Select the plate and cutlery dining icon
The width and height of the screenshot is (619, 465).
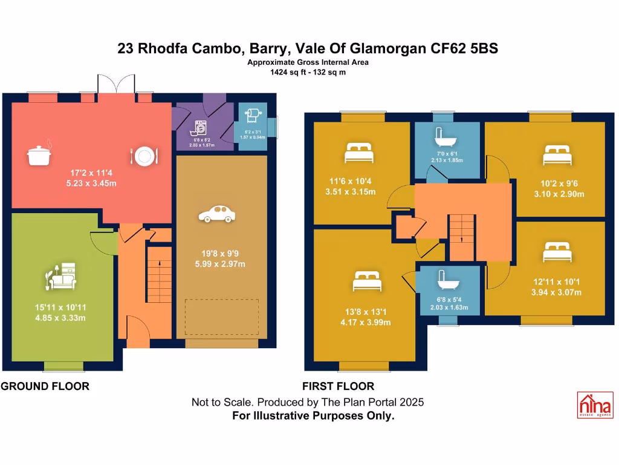point(143,156)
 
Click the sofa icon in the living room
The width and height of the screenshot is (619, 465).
point(60,278)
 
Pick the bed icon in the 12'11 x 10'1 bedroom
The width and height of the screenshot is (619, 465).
point(557,252)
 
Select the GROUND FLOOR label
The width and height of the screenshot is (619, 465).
point(45,386)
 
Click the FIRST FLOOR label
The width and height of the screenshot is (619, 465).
point(338,386)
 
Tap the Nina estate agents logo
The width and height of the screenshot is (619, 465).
point(595,404)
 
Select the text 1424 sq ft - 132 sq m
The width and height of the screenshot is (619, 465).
point(308,72)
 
